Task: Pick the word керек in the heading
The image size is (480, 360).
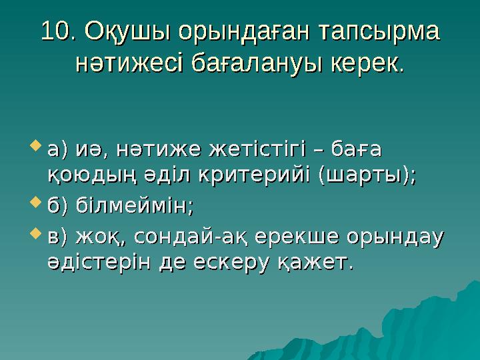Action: point(364,64)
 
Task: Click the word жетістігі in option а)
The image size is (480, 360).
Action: point(257,145)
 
